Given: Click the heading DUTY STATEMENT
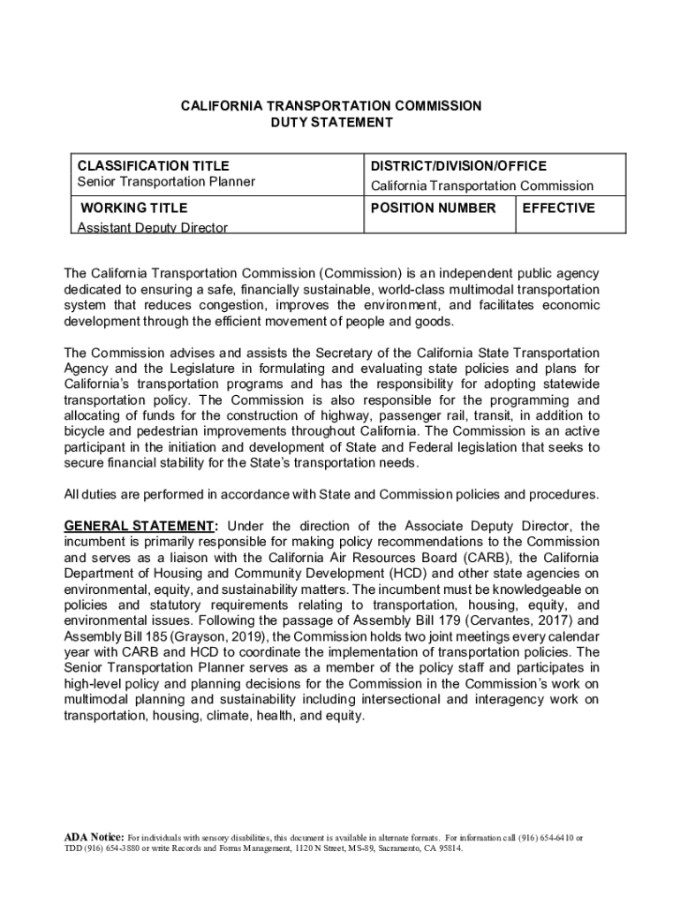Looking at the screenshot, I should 331,122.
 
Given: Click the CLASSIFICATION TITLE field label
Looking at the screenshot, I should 154,166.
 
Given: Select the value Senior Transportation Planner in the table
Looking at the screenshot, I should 166,182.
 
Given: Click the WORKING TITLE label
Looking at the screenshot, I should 134,209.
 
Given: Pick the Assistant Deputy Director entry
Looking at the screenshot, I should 152,228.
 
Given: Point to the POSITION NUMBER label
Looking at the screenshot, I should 433,209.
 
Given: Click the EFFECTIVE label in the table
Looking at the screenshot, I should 559,209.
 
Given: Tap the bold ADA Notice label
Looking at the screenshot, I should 94,837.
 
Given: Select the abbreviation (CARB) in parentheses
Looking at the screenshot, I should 485,558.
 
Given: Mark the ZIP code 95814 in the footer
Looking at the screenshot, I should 448,848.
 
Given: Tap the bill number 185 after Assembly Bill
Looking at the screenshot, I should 149,636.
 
